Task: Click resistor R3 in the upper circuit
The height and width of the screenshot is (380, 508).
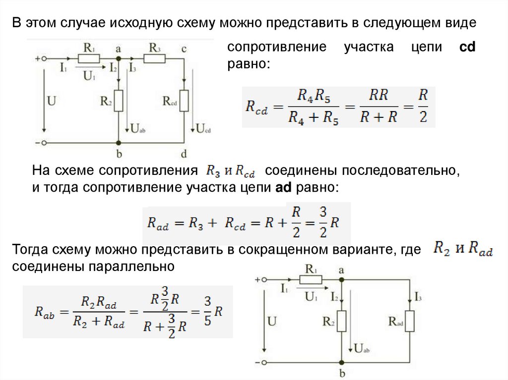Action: [154, 58]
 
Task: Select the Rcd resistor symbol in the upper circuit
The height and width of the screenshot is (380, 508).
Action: [185, 101]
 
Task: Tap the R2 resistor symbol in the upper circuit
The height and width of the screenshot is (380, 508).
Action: [119, 101]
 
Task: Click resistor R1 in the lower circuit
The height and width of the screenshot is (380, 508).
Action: [311, 279]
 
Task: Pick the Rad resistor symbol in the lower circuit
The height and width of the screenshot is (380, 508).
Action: [410, 322]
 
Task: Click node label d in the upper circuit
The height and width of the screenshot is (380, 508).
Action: [184, 154]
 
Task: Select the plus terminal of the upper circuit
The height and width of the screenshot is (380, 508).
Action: [44, 58]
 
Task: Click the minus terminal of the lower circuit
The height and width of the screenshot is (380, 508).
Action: [265, 363]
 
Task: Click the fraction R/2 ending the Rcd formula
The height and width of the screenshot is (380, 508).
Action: [423, 107]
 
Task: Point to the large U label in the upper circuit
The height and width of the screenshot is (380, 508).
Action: [52, 101]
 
